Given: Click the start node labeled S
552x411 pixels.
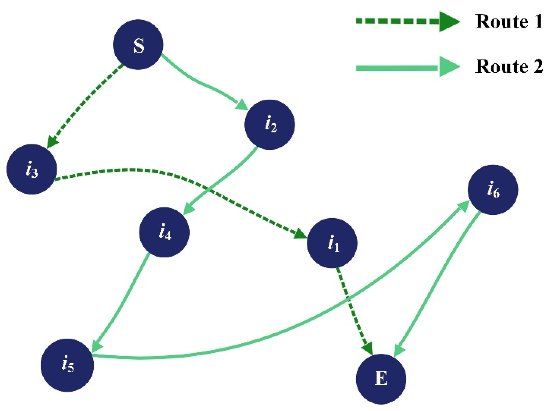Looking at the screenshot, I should [x=138, y=45].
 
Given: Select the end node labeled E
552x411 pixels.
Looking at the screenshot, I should [x=381, y=379].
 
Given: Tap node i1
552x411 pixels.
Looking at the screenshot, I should [x=332, y=243].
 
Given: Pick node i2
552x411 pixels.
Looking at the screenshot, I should [x=269, y=124].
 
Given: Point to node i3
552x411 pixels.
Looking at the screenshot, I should [x=31, y=169].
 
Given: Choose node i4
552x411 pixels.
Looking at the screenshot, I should [x=164, y=232].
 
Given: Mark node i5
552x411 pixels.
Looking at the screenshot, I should [x=67, y=365].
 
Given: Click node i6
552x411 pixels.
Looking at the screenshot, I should [x=493, y=190].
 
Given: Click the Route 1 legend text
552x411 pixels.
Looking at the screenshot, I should [x=509, y=21].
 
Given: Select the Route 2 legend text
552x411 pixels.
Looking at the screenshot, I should [x=509, y=67].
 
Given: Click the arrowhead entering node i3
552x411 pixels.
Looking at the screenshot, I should [x=52, y=142].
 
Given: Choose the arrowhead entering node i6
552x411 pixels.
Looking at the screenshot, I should [x=463, y=206].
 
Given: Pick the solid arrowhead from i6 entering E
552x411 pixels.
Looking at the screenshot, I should [x=399, y=351].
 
